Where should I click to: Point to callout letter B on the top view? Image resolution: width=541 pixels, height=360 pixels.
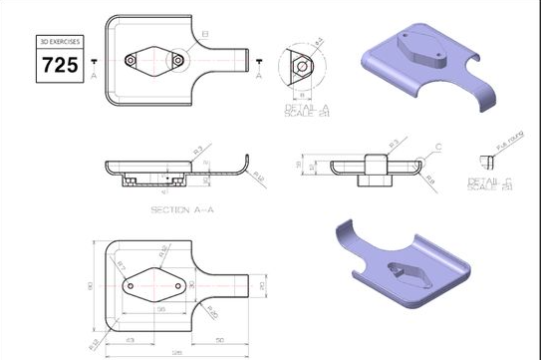[205, 36]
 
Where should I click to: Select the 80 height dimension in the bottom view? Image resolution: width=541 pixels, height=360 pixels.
[91, 288]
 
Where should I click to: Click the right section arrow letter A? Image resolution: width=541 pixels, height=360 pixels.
[260, 72]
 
